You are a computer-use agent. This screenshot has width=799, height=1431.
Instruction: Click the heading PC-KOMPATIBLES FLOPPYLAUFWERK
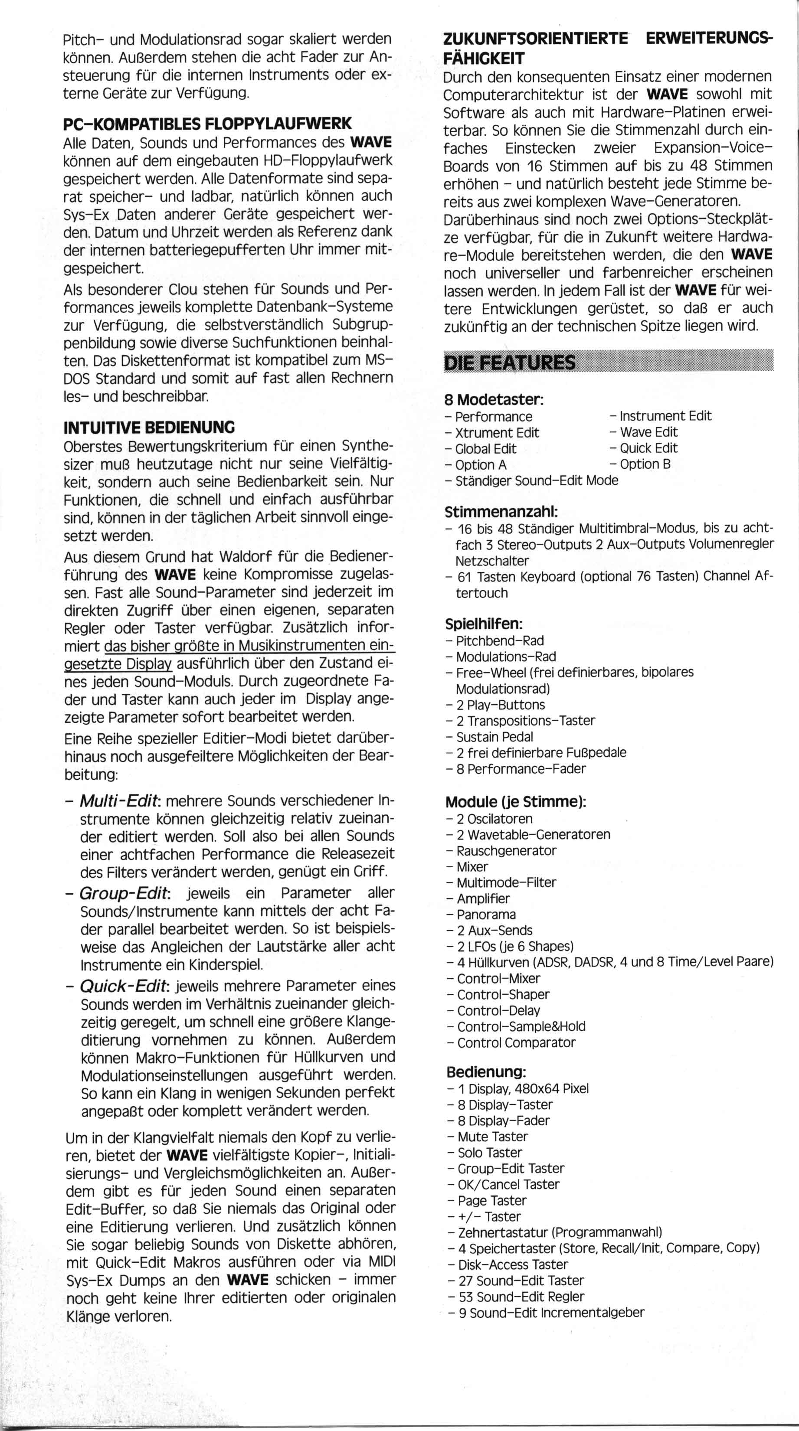point(208,123)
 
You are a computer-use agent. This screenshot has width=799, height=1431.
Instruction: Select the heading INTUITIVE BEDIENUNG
point(150,428)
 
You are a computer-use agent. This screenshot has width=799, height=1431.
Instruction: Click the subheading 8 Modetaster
point(494,399)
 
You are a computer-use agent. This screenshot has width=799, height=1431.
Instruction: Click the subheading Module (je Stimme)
point(516,802)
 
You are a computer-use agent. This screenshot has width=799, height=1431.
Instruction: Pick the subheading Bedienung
point(486,1071)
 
